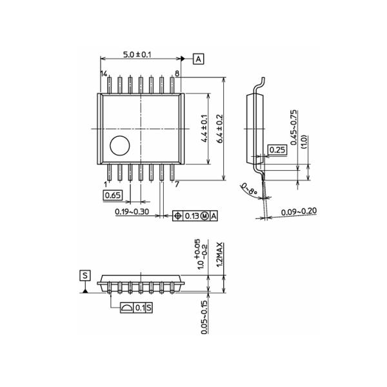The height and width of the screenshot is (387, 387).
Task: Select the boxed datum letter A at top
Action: [198, 59]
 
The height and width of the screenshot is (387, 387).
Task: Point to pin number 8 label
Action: [177, 74]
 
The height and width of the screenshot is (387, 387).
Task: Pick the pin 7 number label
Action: [177, 184]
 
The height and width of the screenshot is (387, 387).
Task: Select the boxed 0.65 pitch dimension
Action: [113, 195]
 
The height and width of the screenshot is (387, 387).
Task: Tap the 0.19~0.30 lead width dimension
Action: [132, 212]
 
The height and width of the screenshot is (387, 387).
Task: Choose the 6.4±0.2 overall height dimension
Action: [219, 130]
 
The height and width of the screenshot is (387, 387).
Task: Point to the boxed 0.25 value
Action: [277, 150]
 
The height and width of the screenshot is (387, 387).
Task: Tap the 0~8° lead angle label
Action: [250, 190]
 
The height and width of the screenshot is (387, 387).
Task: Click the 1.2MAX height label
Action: [219, 254]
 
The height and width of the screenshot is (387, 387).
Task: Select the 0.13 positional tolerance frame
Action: [195, 216]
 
